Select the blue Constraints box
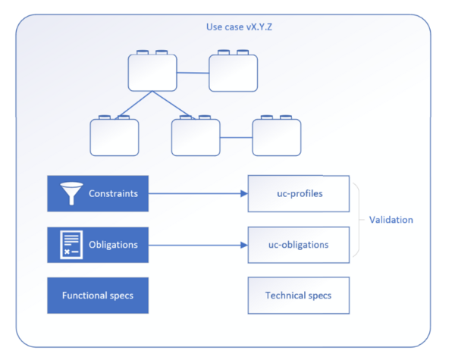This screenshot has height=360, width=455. point(98,194)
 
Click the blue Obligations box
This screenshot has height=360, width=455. point(98,245)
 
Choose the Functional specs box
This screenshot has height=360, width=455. point(98,295)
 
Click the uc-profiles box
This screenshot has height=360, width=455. point(299,194)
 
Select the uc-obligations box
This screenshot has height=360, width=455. point(299,245)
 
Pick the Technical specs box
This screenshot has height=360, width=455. point(299,295)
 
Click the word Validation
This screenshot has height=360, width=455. point(391,220)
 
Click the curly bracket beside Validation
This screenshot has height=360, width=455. point(356,220)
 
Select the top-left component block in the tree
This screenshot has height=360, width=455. point(152,73)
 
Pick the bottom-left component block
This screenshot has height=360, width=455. point(115,137)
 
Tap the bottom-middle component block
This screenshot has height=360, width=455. point(195,137)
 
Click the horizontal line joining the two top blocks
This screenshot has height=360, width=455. point(193,73)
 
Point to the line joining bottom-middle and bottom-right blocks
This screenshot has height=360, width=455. point(236,137)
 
